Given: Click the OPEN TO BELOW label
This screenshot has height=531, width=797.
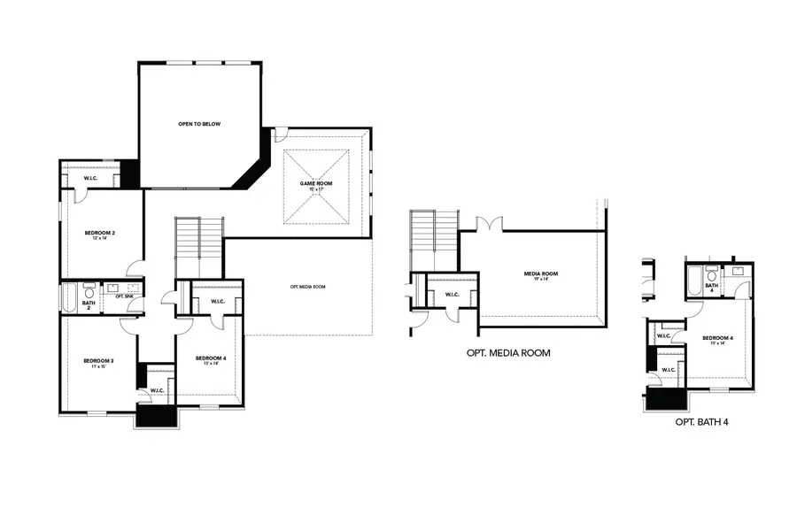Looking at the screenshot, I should tap(199, 124).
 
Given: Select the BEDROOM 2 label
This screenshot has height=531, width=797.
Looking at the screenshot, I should tap(100, 235).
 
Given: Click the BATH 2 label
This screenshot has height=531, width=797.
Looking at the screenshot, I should tap(89, 303).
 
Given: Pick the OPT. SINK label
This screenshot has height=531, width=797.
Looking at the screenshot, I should tap(124, 297).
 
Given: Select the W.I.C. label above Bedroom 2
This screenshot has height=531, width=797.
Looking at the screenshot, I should tap(90, 179).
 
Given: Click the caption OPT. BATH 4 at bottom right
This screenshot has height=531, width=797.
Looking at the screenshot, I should tap(701, 422).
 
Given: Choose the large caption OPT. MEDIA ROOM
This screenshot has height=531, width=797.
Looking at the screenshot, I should tap(507, 352).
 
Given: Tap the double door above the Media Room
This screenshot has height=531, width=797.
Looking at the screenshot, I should tap(489, 223).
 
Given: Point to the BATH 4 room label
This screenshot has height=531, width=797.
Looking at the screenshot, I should tap(711, 288).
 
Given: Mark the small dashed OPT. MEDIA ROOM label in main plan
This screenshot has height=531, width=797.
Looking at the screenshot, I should tap(307, 287).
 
